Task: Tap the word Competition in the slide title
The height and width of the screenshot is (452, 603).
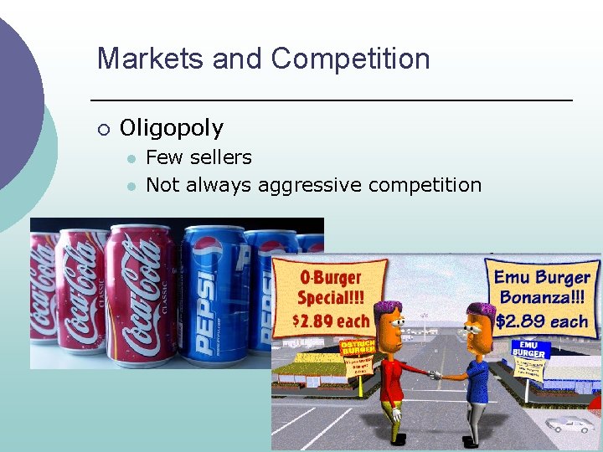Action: point(350,59)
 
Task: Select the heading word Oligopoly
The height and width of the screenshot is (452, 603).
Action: point(172,128)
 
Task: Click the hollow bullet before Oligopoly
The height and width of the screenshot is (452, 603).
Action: point(102,129)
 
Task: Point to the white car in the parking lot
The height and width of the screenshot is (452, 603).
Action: point(569,425)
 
